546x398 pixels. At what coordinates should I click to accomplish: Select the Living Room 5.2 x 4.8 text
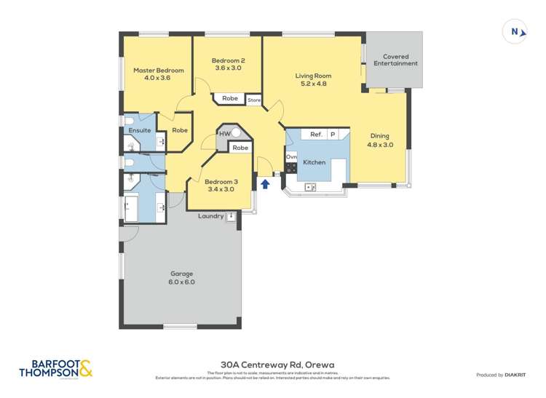[x=313, y=79]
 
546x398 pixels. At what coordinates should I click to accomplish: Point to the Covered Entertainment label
[x=395, y=60]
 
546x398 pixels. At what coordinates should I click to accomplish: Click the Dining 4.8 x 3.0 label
[x=380, y=140]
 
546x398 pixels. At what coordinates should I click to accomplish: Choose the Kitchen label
[x=314, y=162]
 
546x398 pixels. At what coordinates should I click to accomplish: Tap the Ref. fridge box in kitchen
[x=316, y=135]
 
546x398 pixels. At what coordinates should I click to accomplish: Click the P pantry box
[x=333, y=135]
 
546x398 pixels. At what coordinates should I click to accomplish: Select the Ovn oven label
[x=291, y=156]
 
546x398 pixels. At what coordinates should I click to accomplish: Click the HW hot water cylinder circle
[x=236, y=134]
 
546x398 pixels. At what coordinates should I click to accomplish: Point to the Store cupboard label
[x=254, y=100]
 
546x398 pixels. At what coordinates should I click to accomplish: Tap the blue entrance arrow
[x=266, y=184]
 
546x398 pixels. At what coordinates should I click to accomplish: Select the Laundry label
[x=210, y=216]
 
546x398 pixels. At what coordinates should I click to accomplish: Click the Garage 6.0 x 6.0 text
[x=182, y=277]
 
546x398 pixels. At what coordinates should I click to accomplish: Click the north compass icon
[x=515, y=31]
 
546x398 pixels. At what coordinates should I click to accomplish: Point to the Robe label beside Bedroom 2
[x=230, y=98]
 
